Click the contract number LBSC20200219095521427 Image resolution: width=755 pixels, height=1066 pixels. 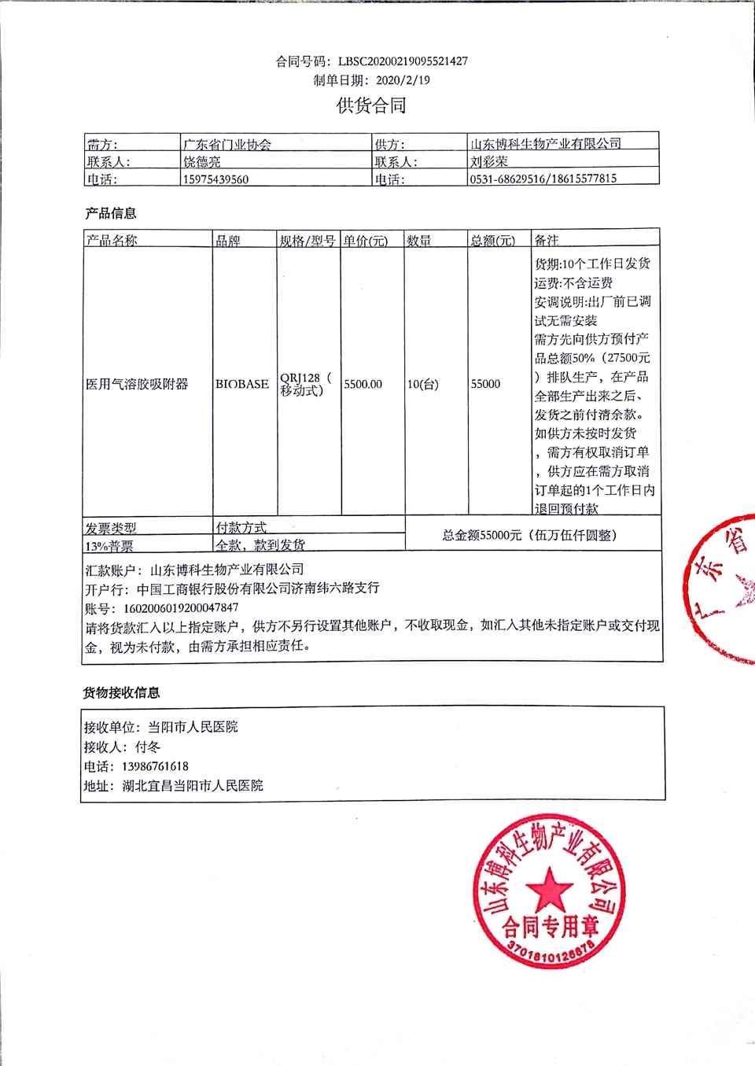(x=403, y=61)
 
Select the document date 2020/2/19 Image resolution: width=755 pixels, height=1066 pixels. (x=403, y=80)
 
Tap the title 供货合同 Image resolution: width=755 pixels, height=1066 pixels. (x=371, y=105)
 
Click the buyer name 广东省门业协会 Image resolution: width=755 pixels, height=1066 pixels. (x=227, y=144)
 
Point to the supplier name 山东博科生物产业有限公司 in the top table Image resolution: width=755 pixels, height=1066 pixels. (x=545, y=143)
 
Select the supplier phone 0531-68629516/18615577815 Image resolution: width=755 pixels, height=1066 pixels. (x=543, y=179)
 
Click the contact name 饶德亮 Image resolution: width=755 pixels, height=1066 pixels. (x=202, y=162)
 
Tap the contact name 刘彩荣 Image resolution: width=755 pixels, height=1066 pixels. (x=488, y=161)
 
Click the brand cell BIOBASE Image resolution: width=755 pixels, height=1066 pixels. (x=242, y=384)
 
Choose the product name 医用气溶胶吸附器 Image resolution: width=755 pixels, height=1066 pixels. (x=137, y=384)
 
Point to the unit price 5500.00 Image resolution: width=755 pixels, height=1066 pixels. (x=363, y=384)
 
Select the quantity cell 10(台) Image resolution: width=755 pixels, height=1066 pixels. (x=423, y=384)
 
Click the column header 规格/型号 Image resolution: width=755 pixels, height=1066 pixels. (x=308, y=241)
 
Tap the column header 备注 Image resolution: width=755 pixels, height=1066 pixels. (x=547, y=240)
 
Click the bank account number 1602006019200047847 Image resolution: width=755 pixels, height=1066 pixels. (x=180, y=608)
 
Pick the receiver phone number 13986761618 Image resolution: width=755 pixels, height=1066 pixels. (x=155, y=766)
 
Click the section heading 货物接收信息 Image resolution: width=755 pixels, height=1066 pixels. (x=122, y=693)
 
